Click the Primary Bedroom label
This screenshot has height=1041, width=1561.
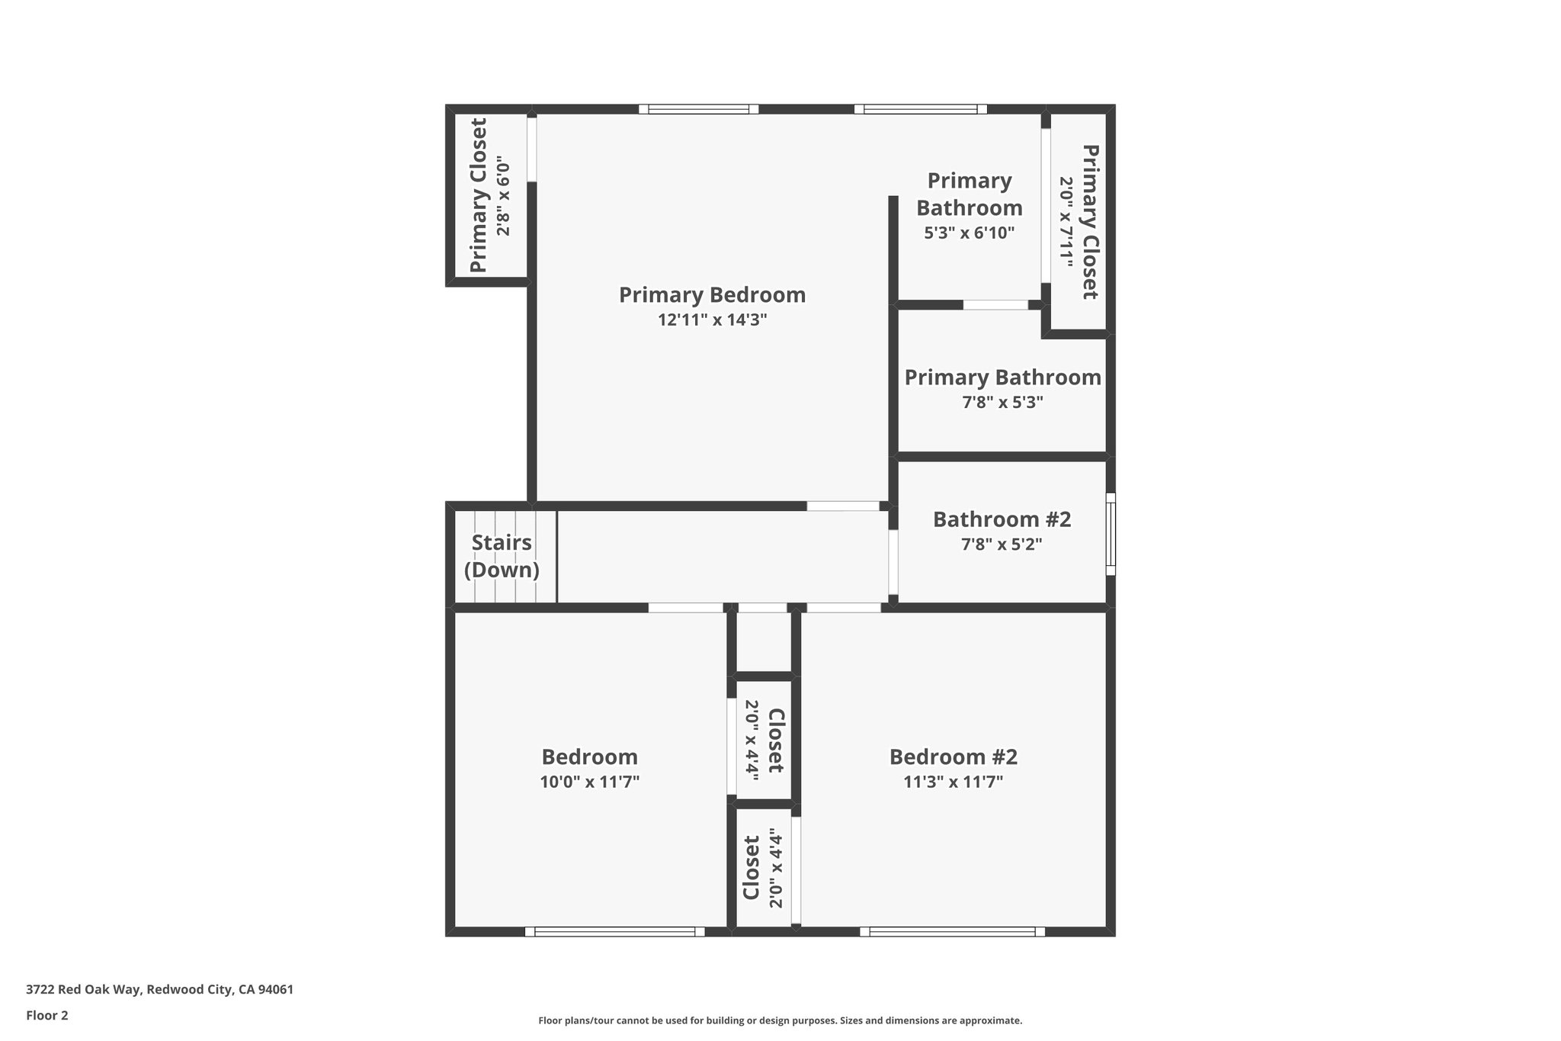click(712, 295)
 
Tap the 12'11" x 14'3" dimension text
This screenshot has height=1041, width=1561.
click(712, 320)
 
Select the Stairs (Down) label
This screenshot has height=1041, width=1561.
click(502, 556)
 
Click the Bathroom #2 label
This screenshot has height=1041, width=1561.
click(1002, 519)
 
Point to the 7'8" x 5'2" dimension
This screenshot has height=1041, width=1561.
click(1002, 545)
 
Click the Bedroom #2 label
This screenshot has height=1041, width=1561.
click(953, 757)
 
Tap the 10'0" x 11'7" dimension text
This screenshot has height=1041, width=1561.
click(589, 782)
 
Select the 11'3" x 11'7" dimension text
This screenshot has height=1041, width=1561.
click(953, 782)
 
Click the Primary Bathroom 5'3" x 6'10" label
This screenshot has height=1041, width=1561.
click(969, 194)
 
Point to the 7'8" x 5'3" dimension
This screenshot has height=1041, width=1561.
click(1002, 402)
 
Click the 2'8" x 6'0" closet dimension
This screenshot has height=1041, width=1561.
click(502, 196)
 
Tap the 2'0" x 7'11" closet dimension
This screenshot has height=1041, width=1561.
click(1066, 222)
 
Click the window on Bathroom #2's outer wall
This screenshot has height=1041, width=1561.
click(1111, 534)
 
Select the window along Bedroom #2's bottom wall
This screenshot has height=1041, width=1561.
click(952, 931)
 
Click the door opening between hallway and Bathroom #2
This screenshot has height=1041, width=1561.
click(893, 562)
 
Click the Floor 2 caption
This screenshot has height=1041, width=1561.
click(47, 1015)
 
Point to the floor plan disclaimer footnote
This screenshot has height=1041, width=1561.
click(780, 1020)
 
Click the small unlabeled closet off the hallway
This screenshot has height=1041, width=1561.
click(763, 642)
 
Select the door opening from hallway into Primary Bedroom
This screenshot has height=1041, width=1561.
click(843, 506)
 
